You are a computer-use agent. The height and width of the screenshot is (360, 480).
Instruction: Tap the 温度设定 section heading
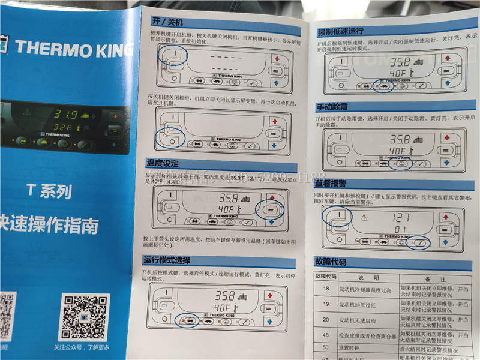[163, 163]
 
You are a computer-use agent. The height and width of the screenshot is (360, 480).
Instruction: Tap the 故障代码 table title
[334, 262]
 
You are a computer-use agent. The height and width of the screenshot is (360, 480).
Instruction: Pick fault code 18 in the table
[326, 290]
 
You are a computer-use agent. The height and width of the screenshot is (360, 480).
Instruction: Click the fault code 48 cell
[326, 335]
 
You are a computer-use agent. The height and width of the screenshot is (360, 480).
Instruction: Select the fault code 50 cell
[326, 348]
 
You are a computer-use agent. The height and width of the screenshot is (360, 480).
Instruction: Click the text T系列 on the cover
[49, 191]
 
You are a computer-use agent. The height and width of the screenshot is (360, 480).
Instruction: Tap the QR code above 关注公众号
[85, 316]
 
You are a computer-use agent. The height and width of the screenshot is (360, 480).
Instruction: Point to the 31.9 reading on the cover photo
[67, 114]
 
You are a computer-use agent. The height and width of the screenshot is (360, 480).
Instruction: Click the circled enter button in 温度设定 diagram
[271, 209]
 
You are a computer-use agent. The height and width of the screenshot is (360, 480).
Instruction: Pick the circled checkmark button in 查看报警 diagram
[419, 244]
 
